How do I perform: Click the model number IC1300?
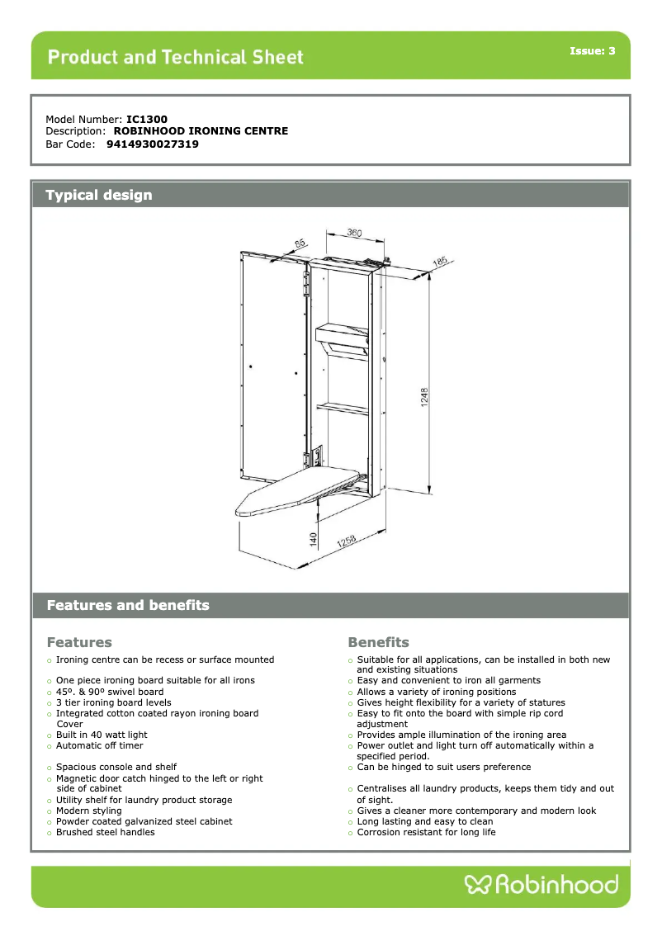pos(147,120)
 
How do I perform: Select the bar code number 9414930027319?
pos(153,144)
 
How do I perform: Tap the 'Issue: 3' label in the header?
pos(592,51)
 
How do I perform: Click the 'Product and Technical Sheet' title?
pos(176,57)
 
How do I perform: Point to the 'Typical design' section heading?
pos(99,196)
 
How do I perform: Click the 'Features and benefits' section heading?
pos(128,606)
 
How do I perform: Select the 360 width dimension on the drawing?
pos(353,234)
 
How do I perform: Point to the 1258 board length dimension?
pos(347,541)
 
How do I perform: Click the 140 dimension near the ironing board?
pos(314,537)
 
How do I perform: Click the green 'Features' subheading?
pos(79,642)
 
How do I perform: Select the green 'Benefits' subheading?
pos(378,642)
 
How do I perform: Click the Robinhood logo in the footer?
pos(541,886)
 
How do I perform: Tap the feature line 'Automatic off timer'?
pos(99,746)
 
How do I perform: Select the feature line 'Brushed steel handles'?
pos(105,833)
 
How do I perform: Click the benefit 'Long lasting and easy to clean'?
pos(424,822)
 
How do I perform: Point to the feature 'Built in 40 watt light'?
pos(102,735)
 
